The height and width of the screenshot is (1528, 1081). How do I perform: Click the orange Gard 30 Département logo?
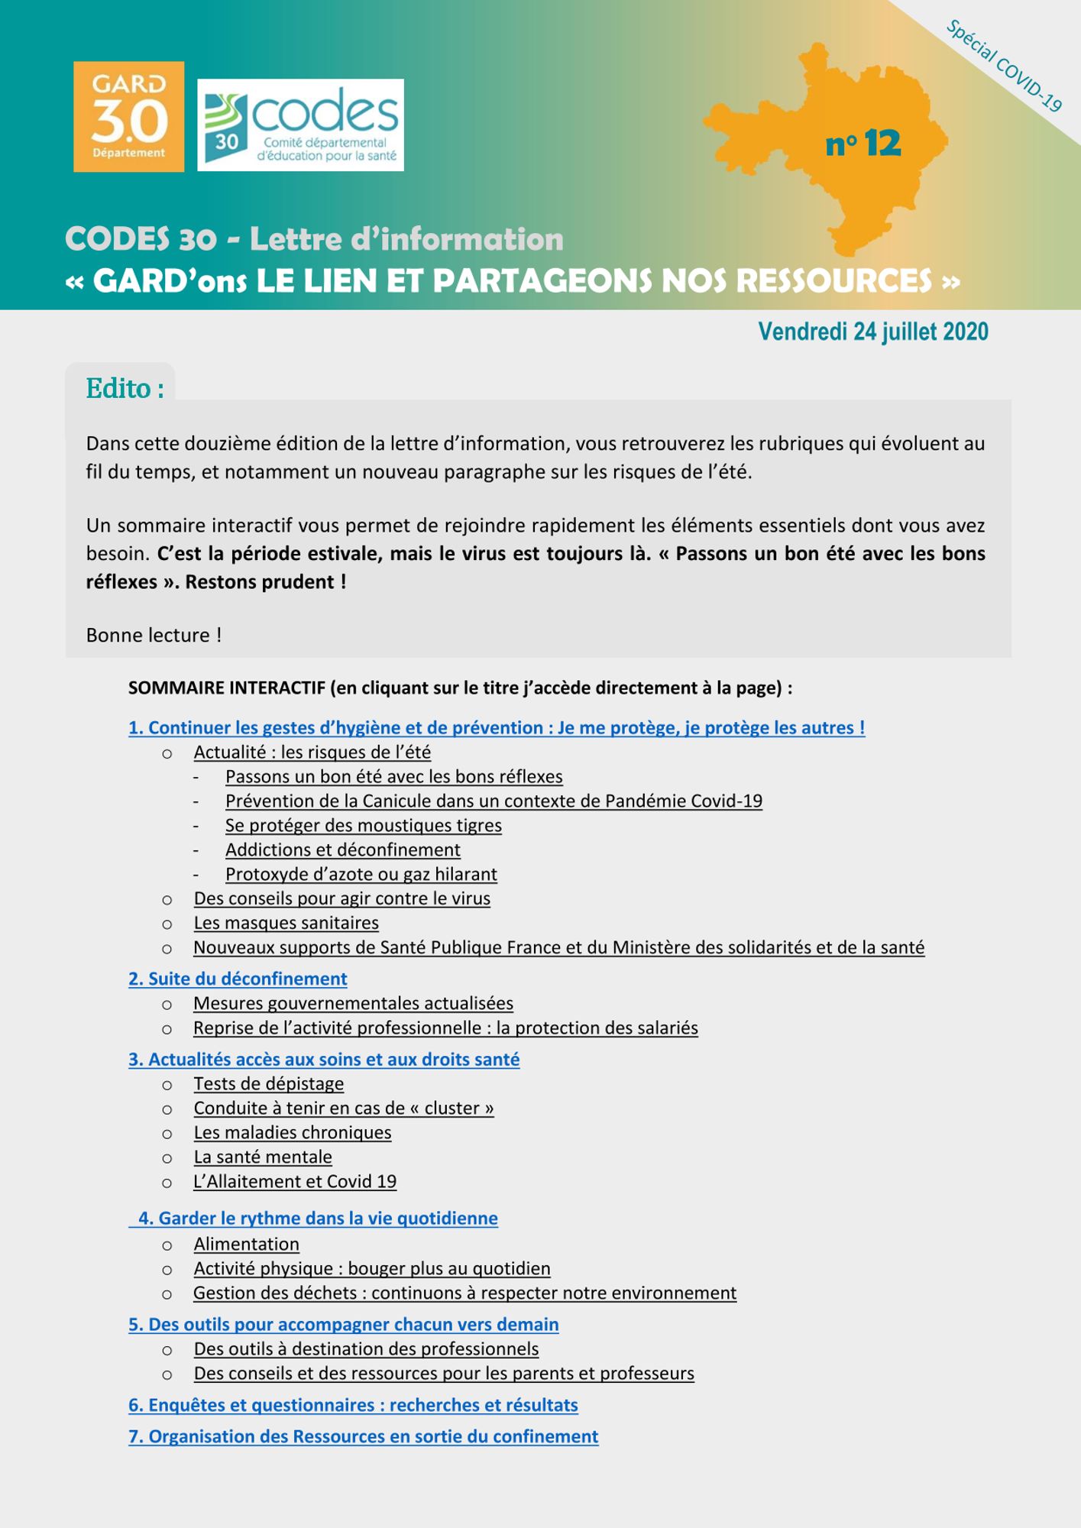click(128, 117)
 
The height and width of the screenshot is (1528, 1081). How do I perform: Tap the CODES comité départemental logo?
click(300, 125)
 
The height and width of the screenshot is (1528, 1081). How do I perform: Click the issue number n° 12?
click(863, 144)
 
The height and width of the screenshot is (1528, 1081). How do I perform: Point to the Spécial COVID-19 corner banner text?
click(1004, 66)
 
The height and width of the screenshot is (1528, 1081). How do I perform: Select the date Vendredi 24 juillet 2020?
click(872, 332)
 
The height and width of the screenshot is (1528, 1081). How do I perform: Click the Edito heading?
click(125, 389)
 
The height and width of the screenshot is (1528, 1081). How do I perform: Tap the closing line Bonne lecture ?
click(154, 635)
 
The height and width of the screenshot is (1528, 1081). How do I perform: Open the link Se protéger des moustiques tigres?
click(363, 825)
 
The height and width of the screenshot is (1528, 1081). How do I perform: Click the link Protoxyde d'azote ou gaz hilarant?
click(361, 874)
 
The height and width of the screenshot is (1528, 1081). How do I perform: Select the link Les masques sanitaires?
click(286, 923)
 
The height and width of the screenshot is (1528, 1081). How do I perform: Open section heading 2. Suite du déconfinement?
click(238, 979)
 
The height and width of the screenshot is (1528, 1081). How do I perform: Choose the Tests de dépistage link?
click(268, 1083)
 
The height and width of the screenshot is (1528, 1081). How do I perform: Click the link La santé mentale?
click(263, 1157)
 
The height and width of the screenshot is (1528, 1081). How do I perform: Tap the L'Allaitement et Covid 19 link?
click(295, 1181)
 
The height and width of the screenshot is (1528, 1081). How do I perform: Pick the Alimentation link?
click(246, 1244)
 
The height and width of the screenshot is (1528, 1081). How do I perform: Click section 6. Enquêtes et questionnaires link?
click(353, 1405)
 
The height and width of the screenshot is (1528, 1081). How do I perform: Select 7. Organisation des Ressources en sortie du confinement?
click(363, 1436)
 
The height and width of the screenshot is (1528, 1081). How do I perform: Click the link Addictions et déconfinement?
click(342, 850)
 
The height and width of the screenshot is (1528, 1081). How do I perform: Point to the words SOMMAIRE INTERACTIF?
click(227, 688)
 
